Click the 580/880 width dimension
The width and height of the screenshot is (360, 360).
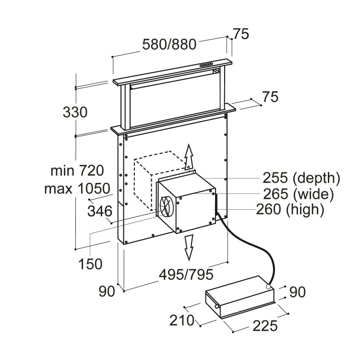(169, 44)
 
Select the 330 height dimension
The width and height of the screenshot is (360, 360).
(75, 112)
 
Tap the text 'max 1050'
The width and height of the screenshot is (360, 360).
(77, 188)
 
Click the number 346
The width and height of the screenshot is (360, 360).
(100, 211)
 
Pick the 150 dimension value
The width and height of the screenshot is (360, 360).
(90, 263)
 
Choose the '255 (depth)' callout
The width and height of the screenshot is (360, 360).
(301, 178)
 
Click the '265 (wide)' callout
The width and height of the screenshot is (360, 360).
(298, 194)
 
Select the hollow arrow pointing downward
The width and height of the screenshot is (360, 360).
(189, 246)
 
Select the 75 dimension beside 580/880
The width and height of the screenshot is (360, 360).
(241, 35)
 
